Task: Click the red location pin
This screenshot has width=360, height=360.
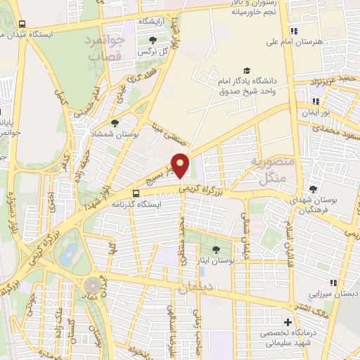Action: [181, 165]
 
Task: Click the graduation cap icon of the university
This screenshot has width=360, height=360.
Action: [246, 70]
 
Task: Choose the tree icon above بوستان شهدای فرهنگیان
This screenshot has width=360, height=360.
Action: [313, 188]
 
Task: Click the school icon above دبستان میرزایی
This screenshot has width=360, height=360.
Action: [333, 283]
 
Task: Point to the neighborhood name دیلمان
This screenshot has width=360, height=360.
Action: [195, 288]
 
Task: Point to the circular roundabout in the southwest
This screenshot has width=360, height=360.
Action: [93, 286]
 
